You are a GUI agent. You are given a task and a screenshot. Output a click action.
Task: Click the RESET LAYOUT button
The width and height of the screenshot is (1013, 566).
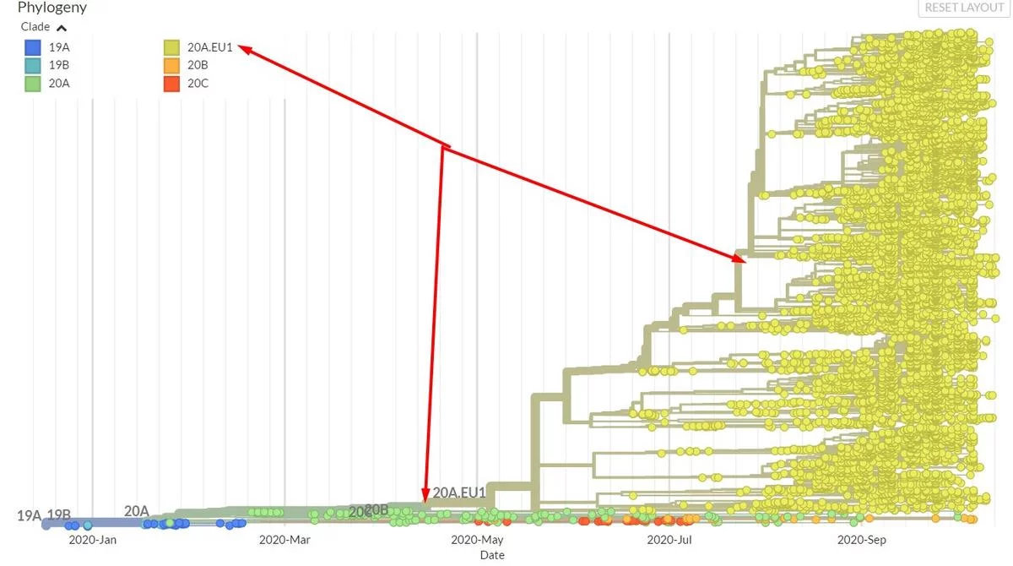tap(964, 8)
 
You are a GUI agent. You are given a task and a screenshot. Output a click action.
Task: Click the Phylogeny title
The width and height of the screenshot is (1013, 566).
tap(52, 8)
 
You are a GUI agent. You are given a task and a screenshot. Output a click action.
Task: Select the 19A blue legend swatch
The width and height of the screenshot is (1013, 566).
tap(33, 47)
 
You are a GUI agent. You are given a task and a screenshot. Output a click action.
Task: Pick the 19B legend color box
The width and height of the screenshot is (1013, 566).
tap(33, 65)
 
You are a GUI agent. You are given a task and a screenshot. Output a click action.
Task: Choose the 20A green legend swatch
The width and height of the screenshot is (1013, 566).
tap(33, 83)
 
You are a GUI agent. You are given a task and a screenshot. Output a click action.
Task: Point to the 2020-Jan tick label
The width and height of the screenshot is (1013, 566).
tap(93, 540)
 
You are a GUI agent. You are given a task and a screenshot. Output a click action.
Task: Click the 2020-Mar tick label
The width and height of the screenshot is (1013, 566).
tap(284, 540)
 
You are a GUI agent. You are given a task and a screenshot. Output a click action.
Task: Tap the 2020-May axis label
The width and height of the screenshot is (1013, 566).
tap(477, 540)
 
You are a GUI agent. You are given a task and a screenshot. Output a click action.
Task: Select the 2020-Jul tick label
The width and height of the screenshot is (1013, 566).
tap(669, 540)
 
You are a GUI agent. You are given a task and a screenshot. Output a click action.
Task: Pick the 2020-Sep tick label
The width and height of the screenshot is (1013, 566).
tap(862, 540)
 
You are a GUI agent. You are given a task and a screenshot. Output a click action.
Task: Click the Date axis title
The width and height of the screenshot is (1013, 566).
tap(492, 555)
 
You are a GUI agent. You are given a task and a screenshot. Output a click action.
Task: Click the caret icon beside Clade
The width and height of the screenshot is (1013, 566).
tap(62, 28)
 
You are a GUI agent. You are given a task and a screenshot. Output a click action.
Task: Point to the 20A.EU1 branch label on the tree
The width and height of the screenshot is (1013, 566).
tap(459, 493)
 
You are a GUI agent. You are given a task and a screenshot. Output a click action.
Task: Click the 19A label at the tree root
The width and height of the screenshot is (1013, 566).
tap(29, 515)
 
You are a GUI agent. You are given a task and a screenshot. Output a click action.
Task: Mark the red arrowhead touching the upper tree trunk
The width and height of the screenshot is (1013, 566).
tap(739, 260)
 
